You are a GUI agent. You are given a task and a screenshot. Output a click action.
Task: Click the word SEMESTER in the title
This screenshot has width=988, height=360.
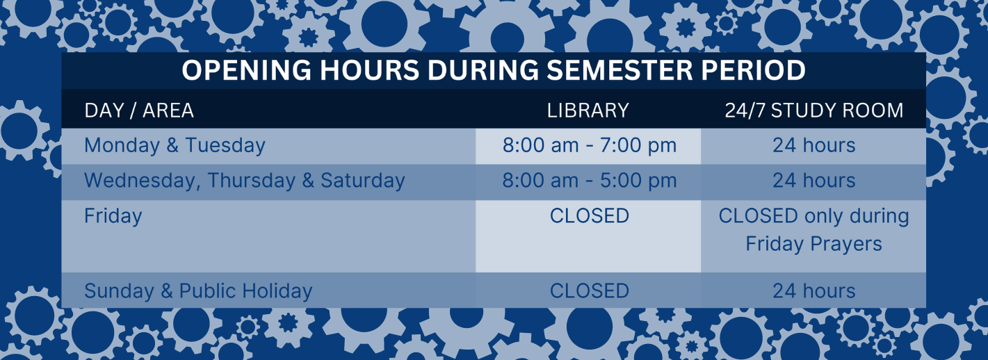coord(619,70)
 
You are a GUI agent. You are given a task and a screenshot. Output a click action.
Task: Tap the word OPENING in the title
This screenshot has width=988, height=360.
coord(247,70)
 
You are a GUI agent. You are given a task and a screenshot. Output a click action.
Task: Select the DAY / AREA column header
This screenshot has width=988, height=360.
coord(139,111)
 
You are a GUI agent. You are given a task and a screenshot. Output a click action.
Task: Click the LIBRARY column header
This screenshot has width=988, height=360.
coord(588,111)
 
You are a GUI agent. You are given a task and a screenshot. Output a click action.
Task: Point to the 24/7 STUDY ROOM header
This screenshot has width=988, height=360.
coord(814,111)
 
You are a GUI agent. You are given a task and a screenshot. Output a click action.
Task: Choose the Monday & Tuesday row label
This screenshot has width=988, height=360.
coord(175,145)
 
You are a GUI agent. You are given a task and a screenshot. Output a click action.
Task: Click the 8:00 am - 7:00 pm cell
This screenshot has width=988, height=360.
coord(590,145)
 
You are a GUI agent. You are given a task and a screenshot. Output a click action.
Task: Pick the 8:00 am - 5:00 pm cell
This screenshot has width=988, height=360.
coord(590,181)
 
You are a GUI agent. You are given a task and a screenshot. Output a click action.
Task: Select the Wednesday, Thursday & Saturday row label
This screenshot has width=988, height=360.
coord(244,181)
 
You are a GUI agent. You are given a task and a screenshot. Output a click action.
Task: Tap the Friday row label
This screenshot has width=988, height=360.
coord(113,216)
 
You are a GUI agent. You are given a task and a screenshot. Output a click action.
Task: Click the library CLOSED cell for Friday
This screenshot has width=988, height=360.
coord(590,216)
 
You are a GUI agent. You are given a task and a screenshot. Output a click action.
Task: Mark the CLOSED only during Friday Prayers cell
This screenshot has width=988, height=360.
coord(813,229)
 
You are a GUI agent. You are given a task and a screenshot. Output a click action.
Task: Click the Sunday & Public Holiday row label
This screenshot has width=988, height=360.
coord(198,291)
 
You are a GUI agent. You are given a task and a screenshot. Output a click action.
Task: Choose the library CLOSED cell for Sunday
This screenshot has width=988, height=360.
coord(590,291)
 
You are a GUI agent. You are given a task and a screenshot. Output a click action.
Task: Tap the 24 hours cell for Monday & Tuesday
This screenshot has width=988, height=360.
coord(813,145)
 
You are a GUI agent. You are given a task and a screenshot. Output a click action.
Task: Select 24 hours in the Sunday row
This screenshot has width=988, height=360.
coord(813,291)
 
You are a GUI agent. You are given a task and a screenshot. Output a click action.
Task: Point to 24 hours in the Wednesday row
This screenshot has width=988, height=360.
coord(813,181)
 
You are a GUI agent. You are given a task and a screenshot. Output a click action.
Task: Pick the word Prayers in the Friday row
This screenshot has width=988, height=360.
coord(846,245)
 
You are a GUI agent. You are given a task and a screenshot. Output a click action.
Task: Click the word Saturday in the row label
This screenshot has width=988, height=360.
coord(362,181)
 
